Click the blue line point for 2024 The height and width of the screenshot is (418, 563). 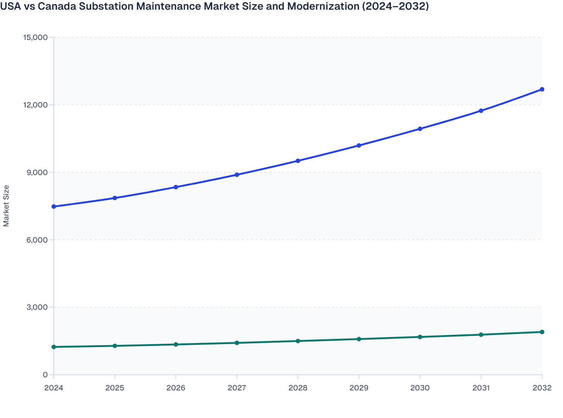click(x=54, y=206)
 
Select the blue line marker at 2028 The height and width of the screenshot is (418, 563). click(x=298, y=161)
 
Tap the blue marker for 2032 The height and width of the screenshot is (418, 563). click(x=542, y=89)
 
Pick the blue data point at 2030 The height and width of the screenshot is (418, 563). click(x=420, y=129)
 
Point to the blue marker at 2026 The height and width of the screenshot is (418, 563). click(x=176, y=187)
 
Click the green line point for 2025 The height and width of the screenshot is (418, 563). click(x=115, y=346)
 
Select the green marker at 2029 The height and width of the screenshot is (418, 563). click(x=359, y=339)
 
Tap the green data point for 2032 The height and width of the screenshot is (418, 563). click(x=542, y=332)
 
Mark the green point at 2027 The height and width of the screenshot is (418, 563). click(x=237, y=343)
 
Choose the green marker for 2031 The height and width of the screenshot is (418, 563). click(x=481, y=335)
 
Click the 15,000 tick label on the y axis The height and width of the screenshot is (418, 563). click(x=35, y=37)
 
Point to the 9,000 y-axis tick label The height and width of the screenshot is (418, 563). click(x=37, y=172)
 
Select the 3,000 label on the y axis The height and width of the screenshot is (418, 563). click(x=37, y=307)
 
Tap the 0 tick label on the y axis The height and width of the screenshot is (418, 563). click(x=45, y=375)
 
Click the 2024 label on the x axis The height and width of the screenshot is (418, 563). click(x=54, y=388)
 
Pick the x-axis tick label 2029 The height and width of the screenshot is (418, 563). click(x=359, y=388)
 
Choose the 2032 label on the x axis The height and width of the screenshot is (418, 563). click(x=542, y=388)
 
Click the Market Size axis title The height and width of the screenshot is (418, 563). click(x=6, y=206)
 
